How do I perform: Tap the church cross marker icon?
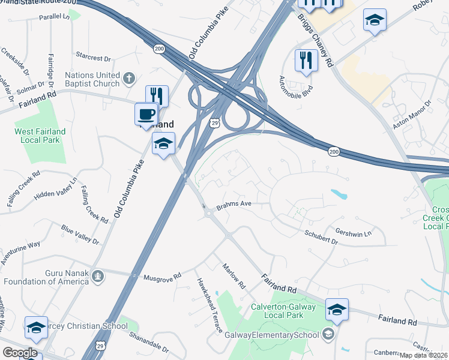(x=128, y=77)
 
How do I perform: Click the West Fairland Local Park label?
(x=40, y=135)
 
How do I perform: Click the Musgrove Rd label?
(x=163, y=277)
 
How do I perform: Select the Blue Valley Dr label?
(x=80, y=234)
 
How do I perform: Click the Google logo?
(x=20, y=353)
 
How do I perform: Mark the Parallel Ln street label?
(x=55, y=16)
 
